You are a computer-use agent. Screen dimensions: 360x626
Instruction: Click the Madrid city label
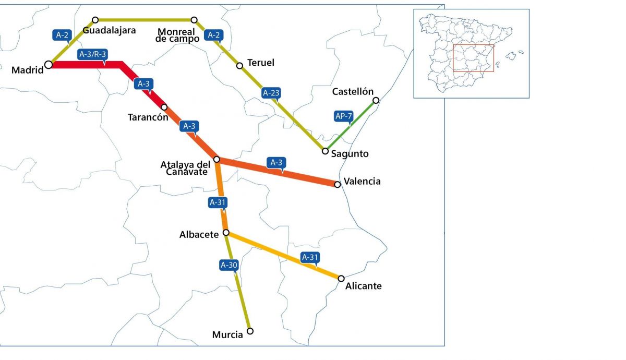tap(28, 70)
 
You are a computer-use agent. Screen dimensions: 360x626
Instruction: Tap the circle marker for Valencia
tap(338, 184)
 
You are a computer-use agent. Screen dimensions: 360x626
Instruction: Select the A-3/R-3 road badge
tap(92, 54)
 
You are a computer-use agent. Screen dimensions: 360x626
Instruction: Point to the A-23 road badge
tap(271, 93)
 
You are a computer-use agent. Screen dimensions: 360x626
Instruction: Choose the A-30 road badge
tap(229, 265)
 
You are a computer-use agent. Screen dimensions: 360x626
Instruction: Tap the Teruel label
tap(261, 63)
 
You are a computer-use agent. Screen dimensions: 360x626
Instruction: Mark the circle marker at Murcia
tap(250, 331)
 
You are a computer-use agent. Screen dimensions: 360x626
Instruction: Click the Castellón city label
tap(353, 92)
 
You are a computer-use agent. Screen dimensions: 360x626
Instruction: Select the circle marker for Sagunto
tap(325, 151)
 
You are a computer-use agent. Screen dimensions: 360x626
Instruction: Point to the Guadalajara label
tap(109, 30)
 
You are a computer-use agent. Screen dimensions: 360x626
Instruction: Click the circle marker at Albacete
tap(225, 232)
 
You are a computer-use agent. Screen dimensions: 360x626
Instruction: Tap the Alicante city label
tap(364, 286)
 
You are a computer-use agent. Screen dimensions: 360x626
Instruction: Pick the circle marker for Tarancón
tap(164, 107)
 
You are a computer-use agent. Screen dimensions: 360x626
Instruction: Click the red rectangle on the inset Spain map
tap(473, 58)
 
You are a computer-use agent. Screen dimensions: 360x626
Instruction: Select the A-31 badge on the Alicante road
tap(310, 257)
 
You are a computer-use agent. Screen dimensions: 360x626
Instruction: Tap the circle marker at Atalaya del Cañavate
tap(216, 159)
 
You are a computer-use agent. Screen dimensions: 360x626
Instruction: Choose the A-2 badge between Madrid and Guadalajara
tap(62, 35)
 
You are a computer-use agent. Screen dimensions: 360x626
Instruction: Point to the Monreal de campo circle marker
tap(194, 20)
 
